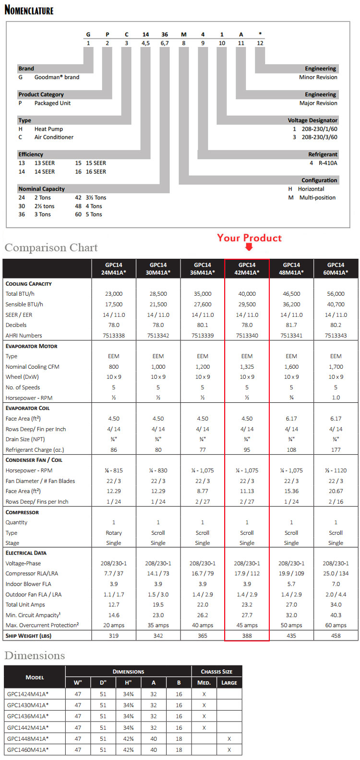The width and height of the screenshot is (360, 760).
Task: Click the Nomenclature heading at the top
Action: [29, 10]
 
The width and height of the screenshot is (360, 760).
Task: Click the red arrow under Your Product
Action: [249, 247]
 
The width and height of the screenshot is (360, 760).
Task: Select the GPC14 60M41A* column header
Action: [336, 268]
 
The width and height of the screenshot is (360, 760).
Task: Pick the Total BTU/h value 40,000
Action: [247, 294]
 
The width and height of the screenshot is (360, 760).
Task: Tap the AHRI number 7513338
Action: [114, 336]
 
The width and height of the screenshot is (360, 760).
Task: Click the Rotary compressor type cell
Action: [114, 533]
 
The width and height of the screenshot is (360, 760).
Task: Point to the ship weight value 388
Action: [247, 636]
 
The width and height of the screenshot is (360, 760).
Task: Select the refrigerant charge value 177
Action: [336, 450]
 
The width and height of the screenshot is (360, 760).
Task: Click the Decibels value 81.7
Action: [291, 325]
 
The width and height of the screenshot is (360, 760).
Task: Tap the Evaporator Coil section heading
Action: [27, 408]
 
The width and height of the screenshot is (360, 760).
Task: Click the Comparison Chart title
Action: [51, 248]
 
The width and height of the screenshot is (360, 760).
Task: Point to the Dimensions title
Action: [34, 655]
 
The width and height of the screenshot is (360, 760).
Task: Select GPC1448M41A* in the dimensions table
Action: [28, 738]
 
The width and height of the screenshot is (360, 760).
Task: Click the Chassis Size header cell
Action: [216, 671]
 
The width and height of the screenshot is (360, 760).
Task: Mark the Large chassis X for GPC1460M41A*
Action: [229, 749]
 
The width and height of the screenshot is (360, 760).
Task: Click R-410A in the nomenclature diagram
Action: [328, 163]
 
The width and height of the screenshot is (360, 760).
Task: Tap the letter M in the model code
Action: [183, 35]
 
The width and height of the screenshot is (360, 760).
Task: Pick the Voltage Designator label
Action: [312, 121]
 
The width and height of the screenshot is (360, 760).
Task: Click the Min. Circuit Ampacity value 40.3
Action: [336, 615]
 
